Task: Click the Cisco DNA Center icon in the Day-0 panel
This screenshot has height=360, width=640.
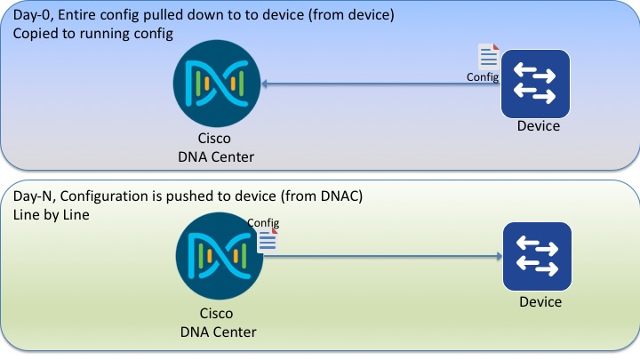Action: (x=218, y=84)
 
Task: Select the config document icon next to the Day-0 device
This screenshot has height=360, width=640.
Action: (x=489, y=57)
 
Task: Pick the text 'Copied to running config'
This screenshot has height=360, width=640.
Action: (x=92, y=34)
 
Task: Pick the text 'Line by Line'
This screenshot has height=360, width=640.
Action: (x=52, y=214)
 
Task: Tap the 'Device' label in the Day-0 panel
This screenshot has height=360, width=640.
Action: (x=539, y=126)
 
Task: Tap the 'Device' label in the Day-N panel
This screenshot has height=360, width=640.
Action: (x=540, y=302)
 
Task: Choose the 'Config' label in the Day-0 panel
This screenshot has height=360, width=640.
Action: (x=482, y=77)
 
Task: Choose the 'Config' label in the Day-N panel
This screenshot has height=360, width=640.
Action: (x=263, y=222)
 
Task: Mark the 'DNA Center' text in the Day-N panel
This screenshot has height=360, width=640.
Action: (x=218, y=332)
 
